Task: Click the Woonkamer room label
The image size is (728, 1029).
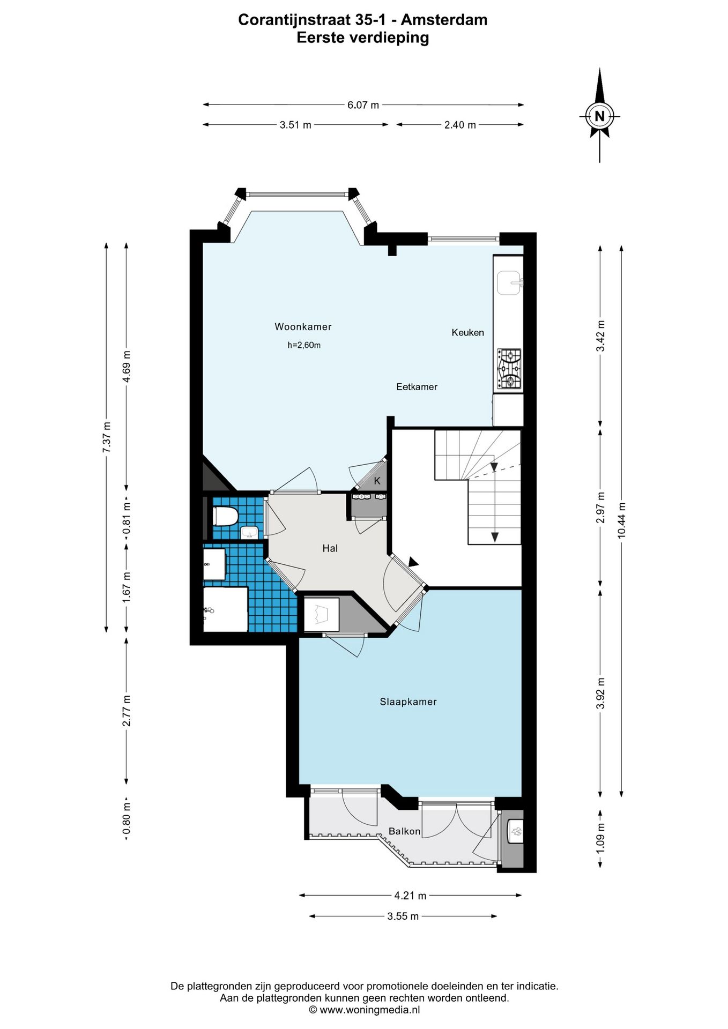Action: (x=303, y=326)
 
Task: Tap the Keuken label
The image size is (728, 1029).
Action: (x=467, y=332)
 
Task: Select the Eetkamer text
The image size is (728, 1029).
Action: (x=417, y=386)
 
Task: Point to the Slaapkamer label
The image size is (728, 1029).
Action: (x=408, y=702)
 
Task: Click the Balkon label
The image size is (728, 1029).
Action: (x=404, y=831)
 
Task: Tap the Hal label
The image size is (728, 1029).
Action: (x=330, y=548)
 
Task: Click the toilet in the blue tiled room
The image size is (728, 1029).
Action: (x=225, y=516)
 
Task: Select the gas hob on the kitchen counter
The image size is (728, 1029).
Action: (x=509, y=368)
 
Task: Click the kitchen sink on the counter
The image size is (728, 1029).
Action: (x=508, y=283)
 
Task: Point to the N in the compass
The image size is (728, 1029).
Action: (x=599, y=116)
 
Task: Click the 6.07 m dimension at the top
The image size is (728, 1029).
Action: (x=363, y=105)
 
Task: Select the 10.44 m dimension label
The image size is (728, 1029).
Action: (x=621, y=520)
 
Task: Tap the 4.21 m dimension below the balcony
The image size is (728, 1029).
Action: (x=410, y=896)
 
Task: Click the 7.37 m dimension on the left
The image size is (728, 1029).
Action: (x=107, y=437)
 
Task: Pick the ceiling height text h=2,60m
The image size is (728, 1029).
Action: (x=304, y=345)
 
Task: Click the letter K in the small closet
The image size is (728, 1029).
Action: (x=377, y=481)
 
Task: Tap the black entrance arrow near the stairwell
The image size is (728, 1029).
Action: (x=413, y=562)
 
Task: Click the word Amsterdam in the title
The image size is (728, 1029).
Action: (x=444, y=20)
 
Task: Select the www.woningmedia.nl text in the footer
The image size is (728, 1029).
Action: (x=369, y=1010)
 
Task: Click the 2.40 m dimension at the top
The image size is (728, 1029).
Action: (x=460, y=125)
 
